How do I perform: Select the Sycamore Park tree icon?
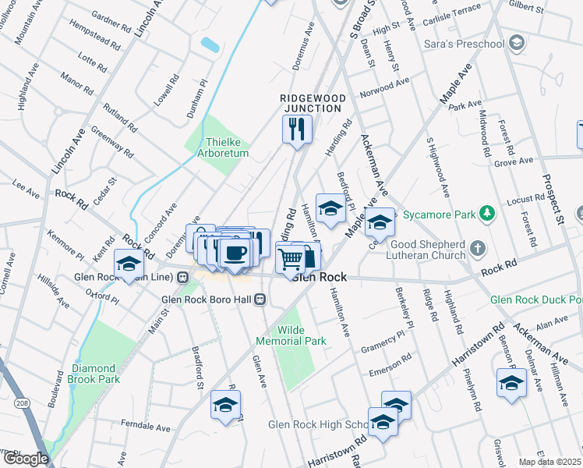tap(487, 212)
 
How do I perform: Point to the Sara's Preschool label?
tap(464, 44)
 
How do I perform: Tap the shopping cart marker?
tap(291, 257)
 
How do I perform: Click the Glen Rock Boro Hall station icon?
tap(263, 299)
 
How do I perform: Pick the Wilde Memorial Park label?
tap(291, 335)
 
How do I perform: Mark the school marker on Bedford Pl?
tap(330, 208)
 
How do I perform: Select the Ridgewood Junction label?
tap(313, 102)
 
